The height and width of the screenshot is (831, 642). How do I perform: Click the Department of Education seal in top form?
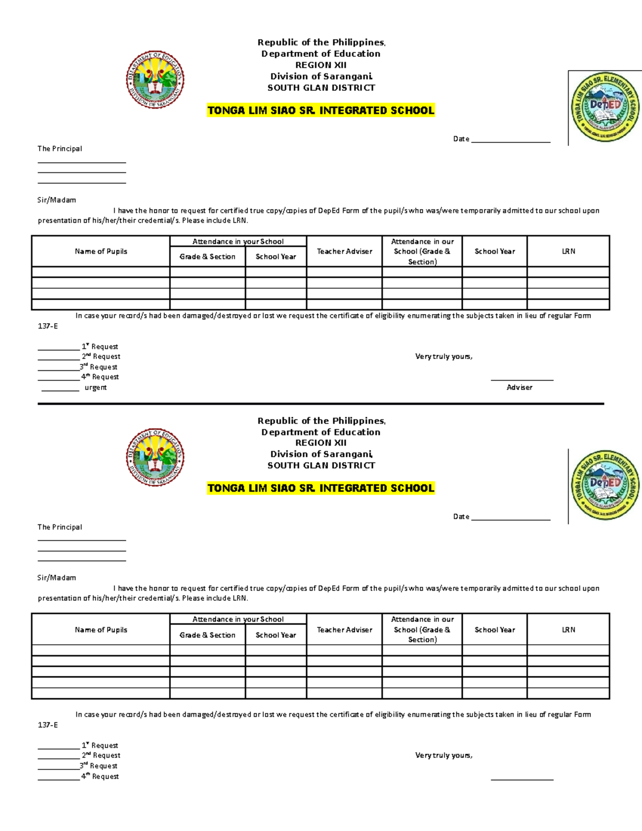(x=155, y=80)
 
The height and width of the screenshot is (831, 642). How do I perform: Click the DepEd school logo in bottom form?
(x=605, y=485)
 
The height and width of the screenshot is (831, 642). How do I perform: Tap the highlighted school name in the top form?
(x=321, y=111)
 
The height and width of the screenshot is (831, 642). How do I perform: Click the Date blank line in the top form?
(x=510, y=140)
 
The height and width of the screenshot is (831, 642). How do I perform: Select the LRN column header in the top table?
(x=568, y=251)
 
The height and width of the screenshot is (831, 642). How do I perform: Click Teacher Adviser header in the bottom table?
(x=344, y=630)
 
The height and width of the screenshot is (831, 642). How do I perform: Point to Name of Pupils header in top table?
(x=101, y=251)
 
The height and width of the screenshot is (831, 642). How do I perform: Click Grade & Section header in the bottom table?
(x=208, y=635)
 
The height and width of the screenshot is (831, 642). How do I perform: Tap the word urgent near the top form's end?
(x=96, y=387)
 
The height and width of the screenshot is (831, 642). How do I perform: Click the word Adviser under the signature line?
(x=519, y=387)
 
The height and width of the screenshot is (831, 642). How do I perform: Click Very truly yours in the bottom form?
(x=444, y=756)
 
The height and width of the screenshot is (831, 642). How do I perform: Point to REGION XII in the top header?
(x=321, y=65)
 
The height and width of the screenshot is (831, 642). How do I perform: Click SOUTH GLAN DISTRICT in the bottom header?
(x=321, y=466)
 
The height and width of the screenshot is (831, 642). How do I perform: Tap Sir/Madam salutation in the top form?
(x=57, y=200)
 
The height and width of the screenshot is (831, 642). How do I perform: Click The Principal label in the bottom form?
(x=60, y=527)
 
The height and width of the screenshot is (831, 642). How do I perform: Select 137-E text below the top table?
(x=48, y=326)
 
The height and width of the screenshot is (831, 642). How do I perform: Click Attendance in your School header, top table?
(x=238, y=242)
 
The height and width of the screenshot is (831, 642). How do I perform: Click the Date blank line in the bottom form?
(x=510, y=518)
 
